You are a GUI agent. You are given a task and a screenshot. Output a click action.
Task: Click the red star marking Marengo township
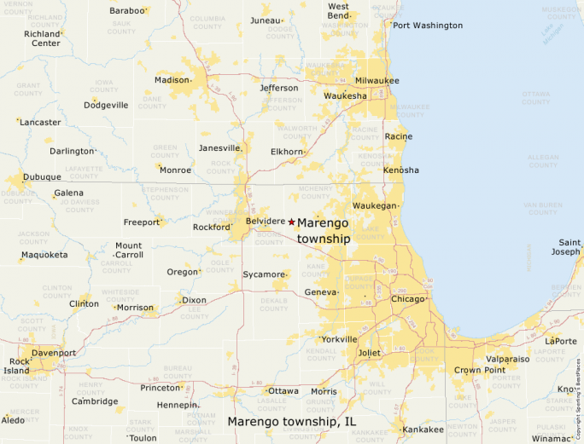coord(291,222)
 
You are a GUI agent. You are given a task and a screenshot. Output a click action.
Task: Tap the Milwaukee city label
coord(377,80)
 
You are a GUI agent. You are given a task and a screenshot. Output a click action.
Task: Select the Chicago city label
coord(407,299)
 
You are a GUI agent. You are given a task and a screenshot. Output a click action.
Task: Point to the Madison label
coord(172,80)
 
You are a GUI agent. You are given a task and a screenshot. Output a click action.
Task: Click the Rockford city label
coord(211,228)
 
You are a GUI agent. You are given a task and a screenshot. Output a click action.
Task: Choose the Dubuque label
coord(42,177)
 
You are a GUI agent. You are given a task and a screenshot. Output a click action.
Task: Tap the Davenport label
coord(54,353)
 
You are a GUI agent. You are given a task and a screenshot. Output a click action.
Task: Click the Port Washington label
coord(427,26)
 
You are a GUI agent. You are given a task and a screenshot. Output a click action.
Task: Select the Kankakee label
coord(423,430)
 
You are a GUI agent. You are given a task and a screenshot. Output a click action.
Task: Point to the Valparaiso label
coord(507,359)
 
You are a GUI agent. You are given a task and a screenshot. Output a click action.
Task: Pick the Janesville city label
coord(219,147)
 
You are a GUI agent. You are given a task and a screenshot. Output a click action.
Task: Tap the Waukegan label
coord(375,206)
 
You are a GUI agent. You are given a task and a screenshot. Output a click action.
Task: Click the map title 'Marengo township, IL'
coord(291,421)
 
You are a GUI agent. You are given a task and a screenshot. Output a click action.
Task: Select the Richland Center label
coord(42,38)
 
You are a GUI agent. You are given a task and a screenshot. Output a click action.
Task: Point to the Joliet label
coord(369,353)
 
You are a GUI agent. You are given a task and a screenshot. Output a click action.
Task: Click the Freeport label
coord(142,222)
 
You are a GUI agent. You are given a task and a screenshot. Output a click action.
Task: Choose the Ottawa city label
coord(283,391)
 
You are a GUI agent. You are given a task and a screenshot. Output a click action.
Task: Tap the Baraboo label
coord(126,10)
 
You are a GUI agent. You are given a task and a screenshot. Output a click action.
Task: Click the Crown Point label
coord(479,370)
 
